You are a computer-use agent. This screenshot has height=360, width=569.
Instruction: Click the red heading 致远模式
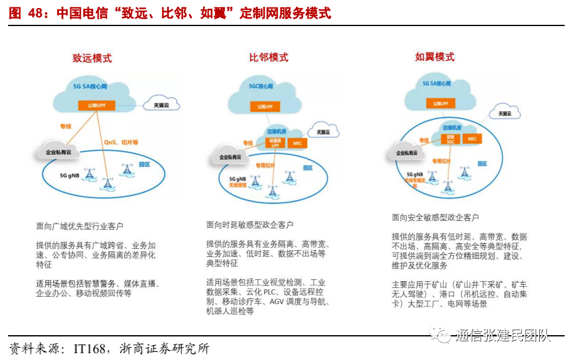point(92,58)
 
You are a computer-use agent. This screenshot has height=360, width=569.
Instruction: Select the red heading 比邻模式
point(268,57)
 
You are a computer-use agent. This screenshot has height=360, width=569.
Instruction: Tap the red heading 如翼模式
point(435,57)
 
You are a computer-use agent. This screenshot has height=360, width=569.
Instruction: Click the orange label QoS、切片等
point(121,142)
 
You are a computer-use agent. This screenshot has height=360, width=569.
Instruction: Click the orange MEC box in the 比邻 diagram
point(297,143)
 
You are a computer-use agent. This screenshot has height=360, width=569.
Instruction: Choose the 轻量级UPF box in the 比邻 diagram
point(275,143)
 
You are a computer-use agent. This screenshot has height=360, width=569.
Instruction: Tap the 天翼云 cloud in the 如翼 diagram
point(504,114)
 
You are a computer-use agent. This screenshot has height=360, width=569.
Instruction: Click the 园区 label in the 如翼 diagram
point(482,163)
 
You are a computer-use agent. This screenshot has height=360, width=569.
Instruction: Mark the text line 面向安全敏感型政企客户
point(435,218)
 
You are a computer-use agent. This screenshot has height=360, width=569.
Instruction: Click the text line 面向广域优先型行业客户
point(80,227)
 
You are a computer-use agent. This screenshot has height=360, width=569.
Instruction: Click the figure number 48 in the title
point(35,13)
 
